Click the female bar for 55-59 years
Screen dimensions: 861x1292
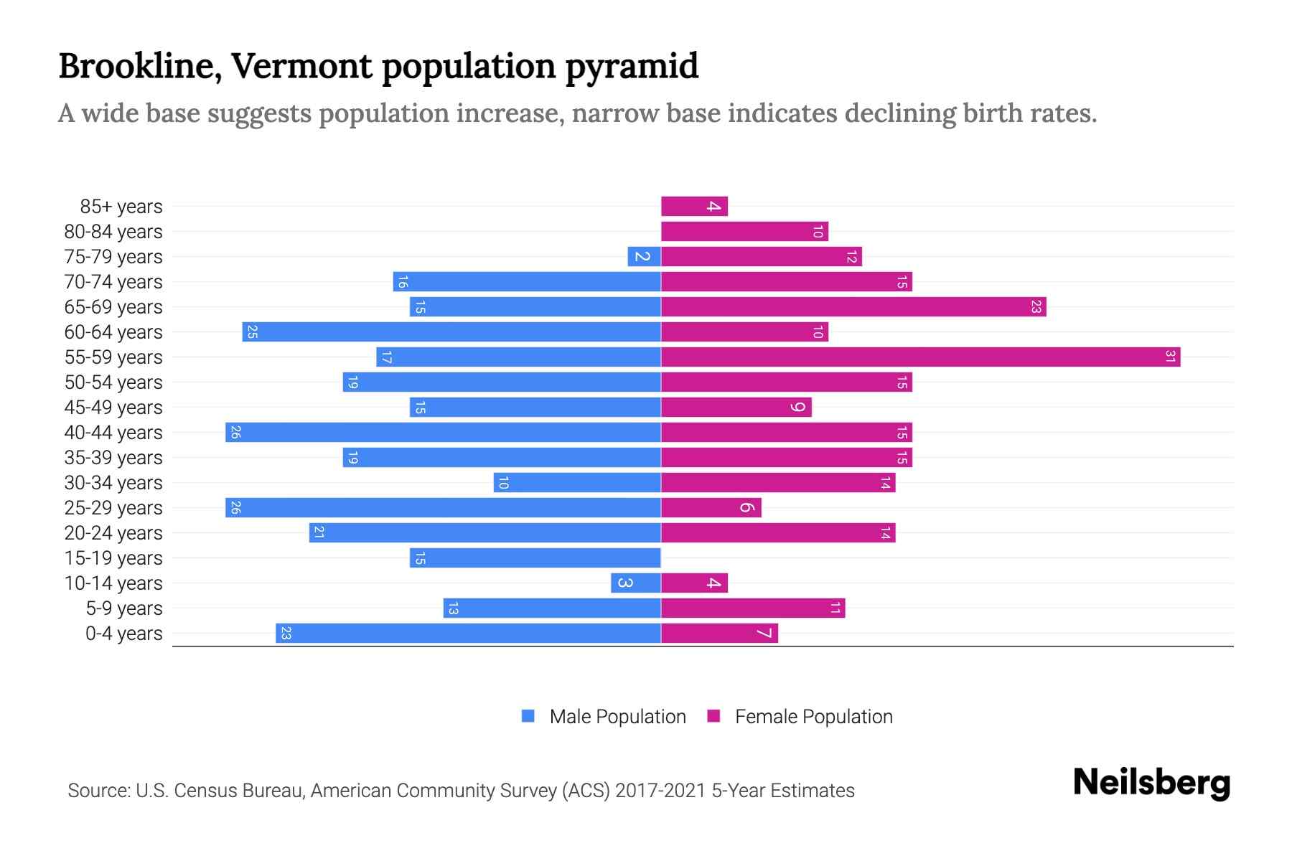920,357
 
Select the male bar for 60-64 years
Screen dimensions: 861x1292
451,331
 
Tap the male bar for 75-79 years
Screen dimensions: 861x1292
644,256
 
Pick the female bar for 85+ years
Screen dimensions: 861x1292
694,206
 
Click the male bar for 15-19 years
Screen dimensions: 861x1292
535,557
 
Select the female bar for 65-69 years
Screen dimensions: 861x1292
853,306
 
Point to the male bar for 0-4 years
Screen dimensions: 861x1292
468,633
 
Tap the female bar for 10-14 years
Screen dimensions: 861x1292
694,583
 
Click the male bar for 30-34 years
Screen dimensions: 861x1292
577,482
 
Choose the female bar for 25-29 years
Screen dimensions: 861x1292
711,507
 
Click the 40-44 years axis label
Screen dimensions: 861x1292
113,433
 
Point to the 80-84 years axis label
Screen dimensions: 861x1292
113,232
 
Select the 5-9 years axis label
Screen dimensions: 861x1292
124,608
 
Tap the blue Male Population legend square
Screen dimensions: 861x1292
528,716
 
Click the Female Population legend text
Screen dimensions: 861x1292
813,716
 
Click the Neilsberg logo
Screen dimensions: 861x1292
1151,783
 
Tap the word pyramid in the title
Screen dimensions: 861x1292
632,67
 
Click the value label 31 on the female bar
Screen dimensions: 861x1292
1170,357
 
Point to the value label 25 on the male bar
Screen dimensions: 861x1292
252,331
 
